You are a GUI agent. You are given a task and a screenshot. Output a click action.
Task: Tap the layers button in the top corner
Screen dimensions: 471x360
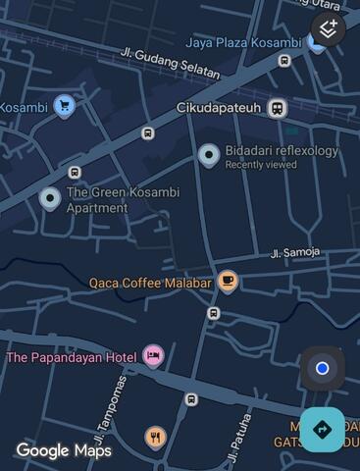[330, 28]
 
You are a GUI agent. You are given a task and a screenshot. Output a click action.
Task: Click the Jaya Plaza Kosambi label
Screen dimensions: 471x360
[243, 42]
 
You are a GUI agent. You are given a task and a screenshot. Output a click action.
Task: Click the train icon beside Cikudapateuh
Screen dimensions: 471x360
[278, 108]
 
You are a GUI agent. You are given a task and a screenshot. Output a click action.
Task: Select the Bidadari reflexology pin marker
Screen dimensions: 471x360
[209, 154]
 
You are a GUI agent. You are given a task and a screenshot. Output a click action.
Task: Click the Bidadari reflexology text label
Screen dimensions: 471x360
[282, 151]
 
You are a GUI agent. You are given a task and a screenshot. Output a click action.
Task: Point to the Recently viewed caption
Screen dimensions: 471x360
[260, 165]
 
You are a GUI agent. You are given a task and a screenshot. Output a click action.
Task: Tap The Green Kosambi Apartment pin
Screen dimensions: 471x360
[50, 199]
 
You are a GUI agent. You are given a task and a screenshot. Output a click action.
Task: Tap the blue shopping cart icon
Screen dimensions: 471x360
[65, 106]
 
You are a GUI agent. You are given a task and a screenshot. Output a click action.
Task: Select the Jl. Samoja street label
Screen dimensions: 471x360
[295, 252]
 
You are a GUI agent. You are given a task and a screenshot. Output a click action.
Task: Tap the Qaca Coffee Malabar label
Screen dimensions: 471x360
[150, 283]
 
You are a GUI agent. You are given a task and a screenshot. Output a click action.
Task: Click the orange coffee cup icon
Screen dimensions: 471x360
[228, 282]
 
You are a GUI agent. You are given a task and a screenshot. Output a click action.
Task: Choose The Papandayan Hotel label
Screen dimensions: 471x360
[72, 357]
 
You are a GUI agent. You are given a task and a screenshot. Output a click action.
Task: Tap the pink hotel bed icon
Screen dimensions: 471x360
[152, 355]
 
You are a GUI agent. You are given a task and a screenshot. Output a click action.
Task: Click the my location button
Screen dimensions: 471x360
[322, 369]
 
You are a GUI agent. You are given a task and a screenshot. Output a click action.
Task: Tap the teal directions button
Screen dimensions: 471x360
[322, 429]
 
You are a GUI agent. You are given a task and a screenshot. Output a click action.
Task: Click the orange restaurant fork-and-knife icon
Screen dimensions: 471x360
[155, 437]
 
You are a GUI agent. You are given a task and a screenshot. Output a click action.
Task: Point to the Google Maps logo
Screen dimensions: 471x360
[64, 450]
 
